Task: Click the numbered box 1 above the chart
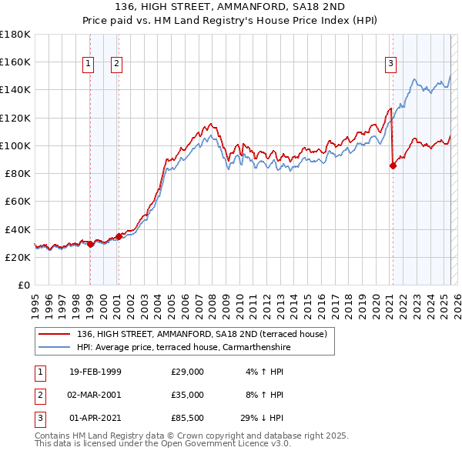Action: tap(89, 64)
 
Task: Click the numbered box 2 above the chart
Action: tap(116, 64)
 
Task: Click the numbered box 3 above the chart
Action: tap(391, 64)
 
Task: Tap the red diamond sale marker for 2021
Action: tap(393, 165)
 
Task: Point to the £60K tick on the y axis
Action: tap(17, 202)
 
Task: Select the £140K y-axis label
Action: tap(15, 89)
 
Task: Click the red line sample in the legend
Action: tap(55, 334)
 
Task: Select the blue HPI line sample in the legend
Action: tap(55, 347)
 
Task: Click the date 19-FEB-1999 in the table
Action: tap(95, 372)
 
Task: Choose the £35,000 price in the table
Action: tap(188, 395)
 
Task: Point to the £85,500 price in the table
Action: tap(188, 418)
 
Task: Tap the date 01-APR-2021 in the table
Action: tap(95, 418)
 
